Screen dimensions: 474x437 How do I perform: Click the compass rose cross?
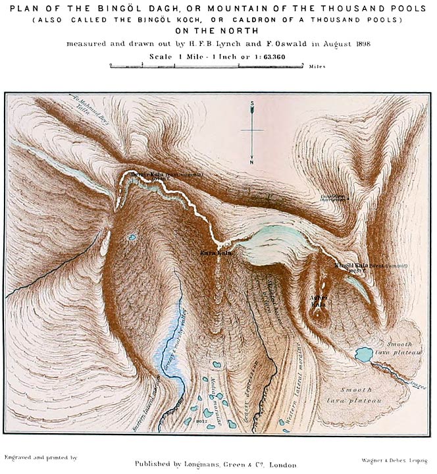(252, 130)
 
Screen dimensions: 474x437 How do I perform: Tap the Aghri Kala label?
(318, 301)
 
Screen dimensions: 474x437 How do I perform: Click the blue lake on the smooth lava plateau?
(363, 355)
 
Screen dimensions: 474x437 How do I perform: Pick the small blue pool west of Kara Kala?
(133, 237)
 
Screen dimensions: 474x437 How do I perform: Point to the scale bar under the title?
(206, 66)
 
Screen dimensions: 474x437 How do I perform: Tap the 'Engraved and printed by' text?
(41, 456)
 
